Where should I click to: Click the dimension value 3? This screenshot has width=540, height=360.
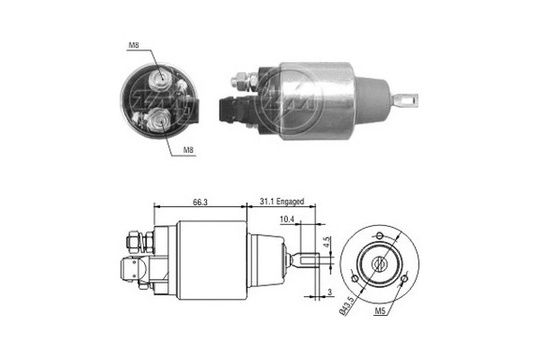(x=329, y=292)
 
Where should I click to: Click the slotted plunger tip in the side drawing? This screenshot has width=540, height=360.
(x=306, y=263)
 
